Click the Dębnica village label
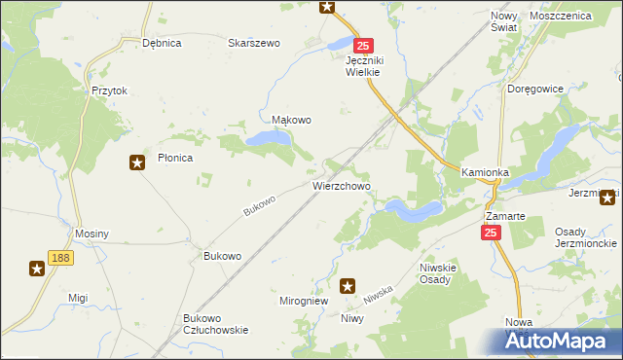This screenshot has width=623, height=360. (163, 43)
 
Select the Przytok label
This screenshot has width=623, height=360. (110, 90)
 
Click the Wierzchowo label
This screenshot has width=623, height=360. (341, 185)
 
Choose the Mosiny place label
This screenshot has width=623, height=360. (92, 234)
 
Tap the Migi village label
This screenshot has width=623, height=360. (78, 298)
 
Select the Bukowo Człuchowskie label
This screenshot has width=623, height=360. (216, 324)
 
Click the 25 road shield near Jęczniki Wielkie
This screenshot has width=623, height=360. (363, 46)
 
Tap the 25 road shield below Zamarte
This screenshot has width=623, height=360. (491, 233)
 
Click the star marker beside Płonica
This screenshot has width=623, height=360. (137, 162)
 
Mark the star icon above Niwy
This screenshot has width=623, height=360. (348, 286)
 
